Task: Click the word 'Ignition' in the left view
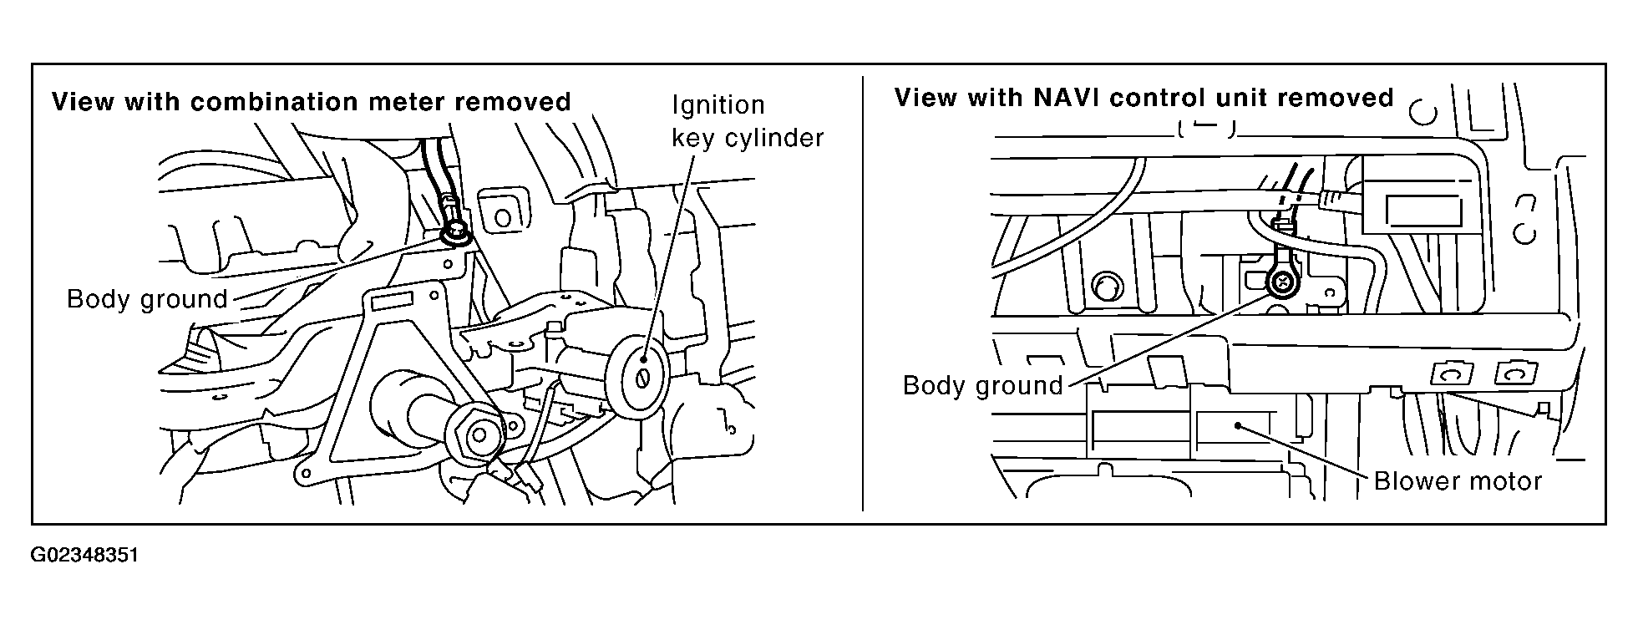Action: tap(718, 105)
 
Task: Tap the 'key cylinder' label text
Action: tap(748, 138)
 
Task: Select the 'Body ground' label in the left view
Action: tap(147, 299)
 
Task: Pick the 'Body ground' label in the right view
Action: tap(983, 385)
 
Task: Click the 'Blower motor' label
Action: tap(1458, 481)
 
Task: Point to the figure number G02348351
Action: tap(84, 556)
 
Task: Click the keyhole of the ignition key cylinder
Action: tap(643, 378)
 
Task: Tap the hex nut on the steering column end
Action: tap(479, 434)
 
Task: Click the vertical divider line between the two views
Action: tap(862, 292)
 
